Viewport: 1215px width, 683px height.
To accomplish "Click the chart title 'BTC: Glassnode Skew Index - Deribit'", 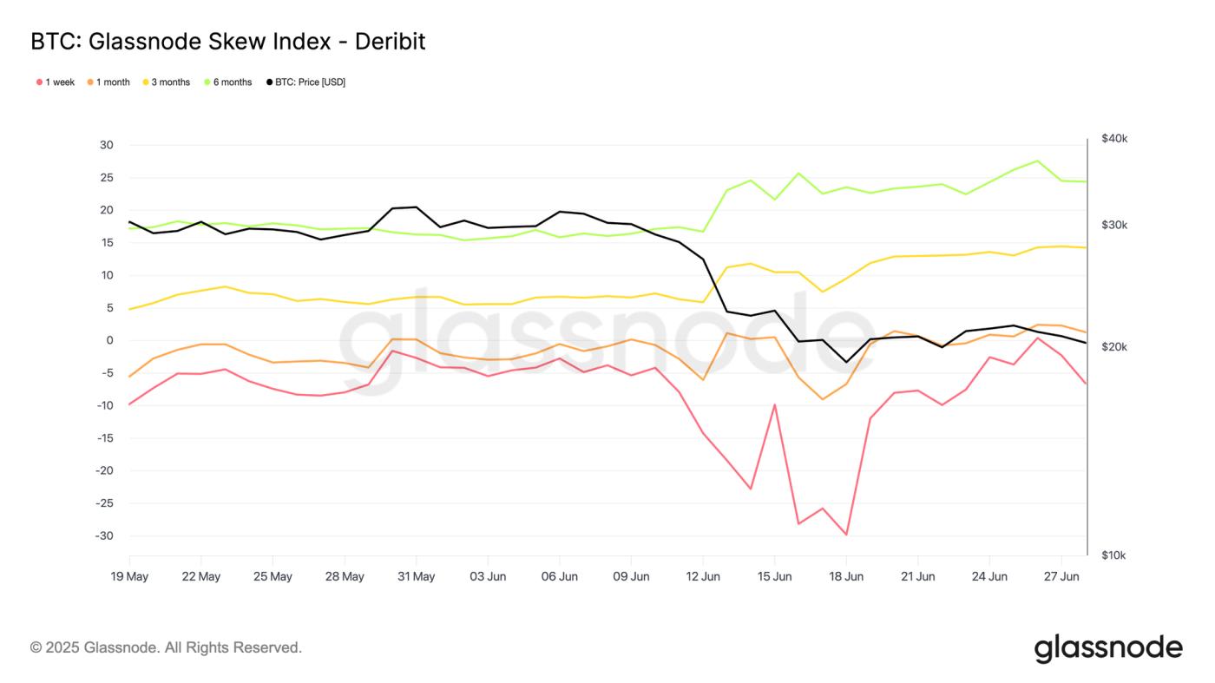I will pos(227,41).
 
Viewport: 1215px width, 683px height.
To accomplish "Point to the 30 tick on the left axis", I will pos(107,145).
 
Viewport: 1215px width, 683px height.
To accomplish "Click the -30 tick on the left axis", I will pos(105,535).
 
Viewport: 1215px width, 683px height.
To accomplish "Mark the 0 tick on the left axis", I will pos(110,340).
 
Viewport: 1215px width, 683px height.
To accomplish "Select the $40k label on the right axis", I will pos(1113,139).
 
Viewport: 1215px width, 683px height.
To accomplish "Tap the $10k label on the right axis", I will pos(1113,555).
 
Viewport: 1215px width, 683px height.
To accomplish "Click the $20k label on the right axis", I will pos(1113,347).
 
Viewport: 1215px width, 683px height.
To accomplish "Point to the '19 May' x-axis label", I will pos(129,576).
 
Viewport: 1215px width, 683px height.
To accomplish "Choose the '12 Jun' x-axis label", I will pos(703,576).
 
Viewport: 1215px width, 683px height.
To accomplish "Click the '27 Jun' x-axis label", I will pos(1061,576).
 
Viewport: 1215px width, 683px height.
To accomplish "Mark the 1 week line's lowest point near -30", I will pos(846,535).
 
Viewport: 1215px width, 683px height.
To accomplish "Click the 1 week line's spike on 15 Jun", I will pos(774,404).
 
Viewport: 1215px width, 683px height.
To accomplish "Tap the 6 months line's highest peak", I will pos(1037,161).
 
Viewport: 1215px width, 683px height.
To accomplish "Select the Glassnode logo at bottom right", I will pos(1108,648).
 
